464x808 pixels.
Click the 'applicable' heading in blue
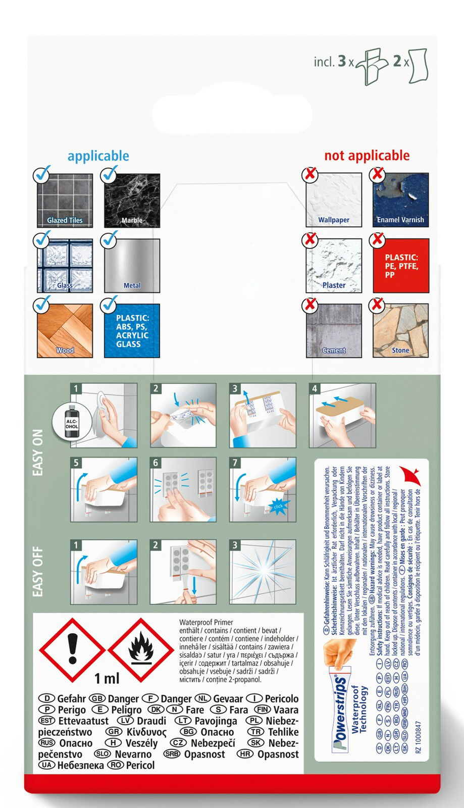click(98, 156)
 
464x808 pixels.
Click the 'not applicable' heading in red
click(367, 156)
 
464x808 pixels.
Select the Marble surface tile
click(132, 200)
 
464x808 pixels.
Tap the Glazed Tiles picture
click(65, 200)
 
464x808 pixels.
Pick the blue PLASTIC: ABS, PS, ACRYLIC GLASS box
click(132, 331)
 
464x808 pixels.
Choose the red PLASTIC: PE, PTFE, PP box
click(401, 266)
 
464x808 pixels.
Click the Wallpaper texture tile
click(334, 200)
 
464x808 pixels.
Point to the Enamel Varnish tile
click(401, 200)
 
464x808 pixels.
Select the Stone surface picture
click(401, 331)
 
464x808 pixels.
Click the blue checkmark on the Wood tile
click(42, 305)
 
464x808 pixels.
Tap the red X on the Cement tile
click(310, 305)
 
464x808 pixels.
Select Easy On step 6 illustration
click(183, 489)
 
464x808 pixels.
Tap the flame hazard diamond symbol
click(141, 650)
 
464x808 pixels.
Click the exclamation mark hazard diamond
click(73, 650)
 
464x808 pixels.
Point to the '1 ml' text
click(107, 678)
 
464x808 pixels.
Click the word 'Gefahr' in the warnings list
click(71, 699)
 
